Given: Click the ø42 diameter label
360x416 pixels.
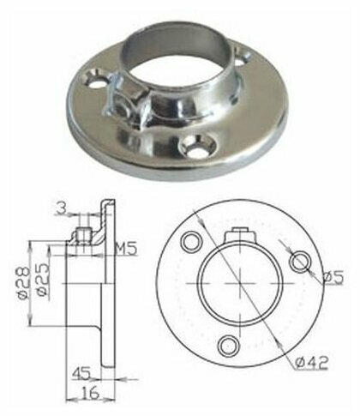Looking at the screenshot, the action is pyautogui.click(x=311, y=363).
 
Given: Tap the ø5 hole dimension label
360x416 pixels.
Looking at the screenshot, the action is pyautogui.click(x=333, y=278).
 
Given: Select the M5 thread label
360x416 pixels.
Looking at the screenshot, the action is pyautogui.click(x=126, y=249).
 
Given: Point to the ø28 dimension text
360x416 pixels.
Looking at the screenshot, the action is pyautogui.click(x=23, y=283).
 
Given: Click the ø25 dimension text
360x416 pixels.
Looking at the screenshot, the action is pyautogui.click(x=42, y=280).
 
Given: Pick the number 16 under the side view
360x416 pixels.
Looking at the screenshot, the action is pyautogui.click(x=92, y=393).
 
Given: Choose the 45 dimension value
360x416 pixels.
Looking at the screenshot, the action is pyautogui.click(x=81, y=373).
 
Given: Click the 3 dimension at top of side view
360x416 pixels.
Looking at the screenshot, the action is pyautogui.click(x=61, y=209).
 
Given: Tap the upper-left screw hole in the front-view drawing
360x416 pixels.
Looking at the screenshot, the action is pyautogui.click(x=190, y=243).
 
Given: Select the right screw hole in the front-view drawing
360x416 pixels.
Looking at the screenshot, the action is pyautogui.click(x=301, y=262).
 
